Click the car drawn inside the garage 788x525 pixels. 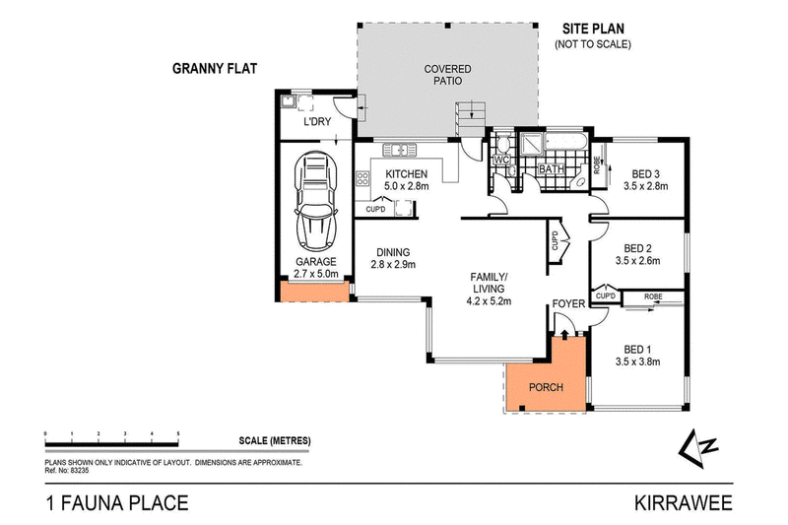315,201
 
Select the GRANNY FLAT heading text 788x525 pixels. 214,71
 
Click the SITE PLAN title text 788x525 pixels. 593,30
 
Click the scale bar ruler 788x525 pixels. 111,434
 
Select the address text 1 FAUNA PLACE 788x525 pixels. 115,504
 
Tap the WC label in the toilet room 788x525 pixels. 499,160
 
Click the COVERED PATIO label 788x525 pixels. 447,75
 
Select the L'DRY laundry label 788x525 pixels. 316,121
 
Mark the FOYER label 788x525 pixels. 567,303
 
